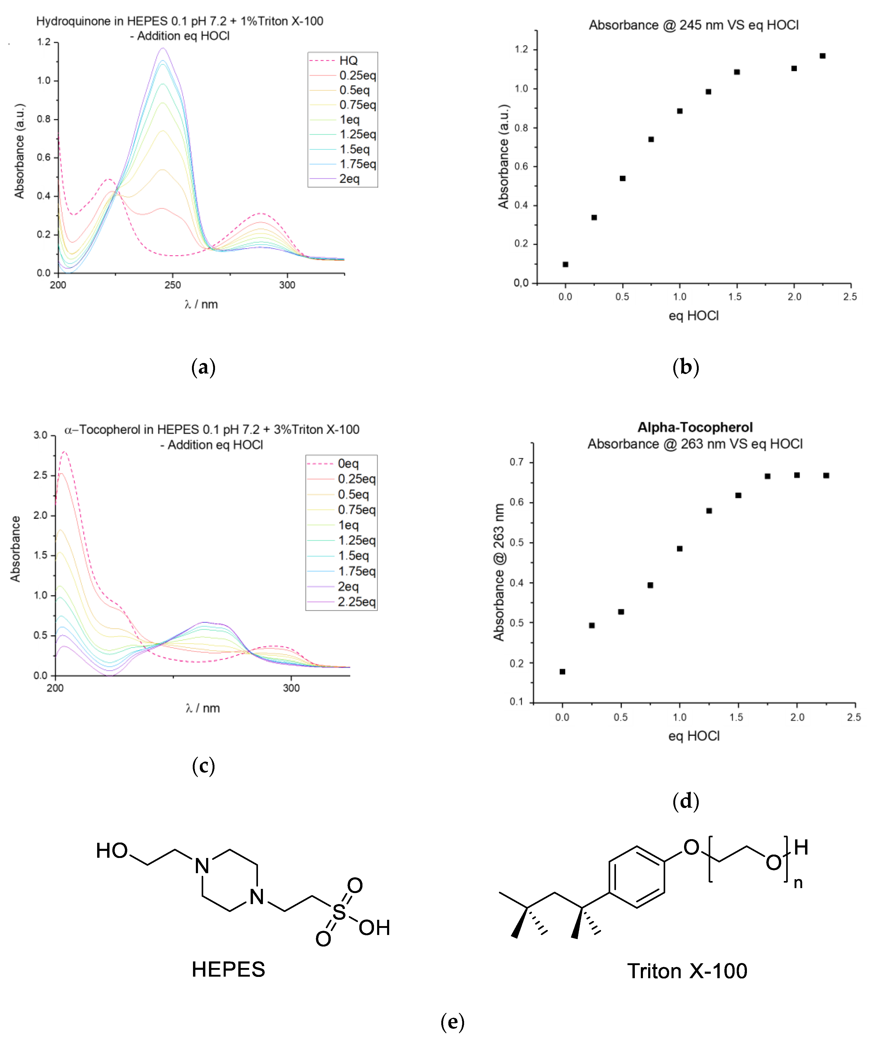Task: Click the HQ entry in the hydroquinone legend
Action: pyautogui.click(x=348, y=60)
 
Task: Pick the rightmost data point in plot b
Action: pyautogui.click(x=822, y=56)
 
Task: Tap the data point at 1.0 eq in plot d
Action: pyautogui.click(x=679, y=549)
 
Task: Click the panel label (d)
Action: pyautogui.click(x=686, y=801)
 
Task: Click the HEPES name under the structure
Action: pyautogui.click(x=228, y=969)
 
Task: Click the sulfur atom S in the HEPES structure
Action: pyautogui.click(x=339, y=912)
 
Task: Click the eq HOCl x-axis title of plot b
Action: pyautogui.click(x=693, y=316)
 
